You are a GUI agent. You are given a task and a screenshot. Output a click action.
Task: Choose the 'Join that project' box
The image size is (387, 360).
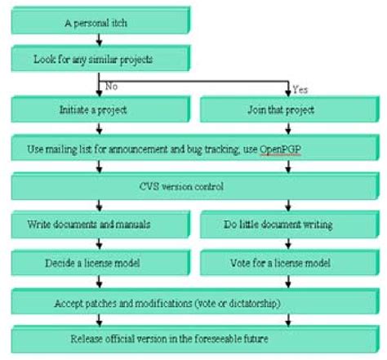point(287,109)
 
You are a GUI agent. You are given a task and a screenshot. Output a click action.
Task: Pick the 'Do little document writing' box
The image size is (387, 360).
point(287,224)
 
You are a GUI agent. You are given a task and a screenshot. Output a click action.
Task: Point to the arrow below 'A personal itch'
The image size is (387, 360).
point(98,39)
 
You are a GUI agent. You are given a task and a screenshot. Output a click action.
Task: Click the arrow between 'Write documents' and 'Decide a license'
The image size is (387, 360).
point(98,243)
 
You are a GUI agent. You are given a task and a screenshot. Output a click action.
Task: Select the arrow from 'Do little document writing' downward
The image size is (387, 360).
point(287,243)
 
